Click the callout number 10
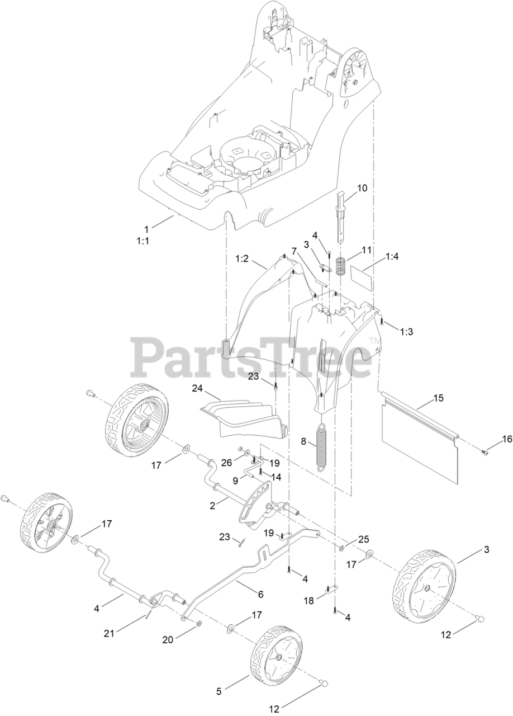[362, 188]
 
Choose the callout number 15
[439, 399]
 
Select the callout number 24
[197, 388]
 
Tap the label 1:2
[242, 259]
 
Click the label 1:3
[406, 332]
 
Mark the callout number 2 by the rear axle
[213, 505]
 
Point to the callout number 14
[275, 477]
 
